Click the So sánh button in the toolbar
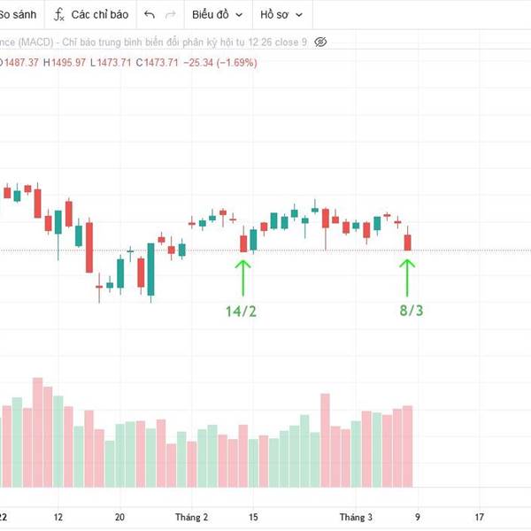[18, 15]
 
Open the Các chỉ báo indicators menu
[99, 15]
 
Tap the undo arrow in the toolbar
[149, 15]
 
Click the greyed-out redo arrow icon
[171, 15]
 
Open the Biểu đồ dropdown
[216, 15]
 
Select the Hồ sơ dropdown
[281, 15]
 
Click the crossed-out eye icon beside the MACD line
[320, 42]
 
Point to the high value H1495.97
[67, 62]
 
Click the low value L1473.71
[115, 62]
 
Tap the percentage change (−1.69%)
[232, 62]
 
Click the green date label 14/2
[241, 310]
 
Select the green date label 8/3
[410, 310]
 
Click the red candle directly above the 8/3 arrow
[408, 242]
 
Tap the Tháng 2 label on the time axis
[191, 517]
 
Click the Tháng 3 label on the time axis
[357, 517]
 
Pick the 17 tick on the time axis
[479, 517]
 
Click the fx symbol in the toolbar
[59, 15]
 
